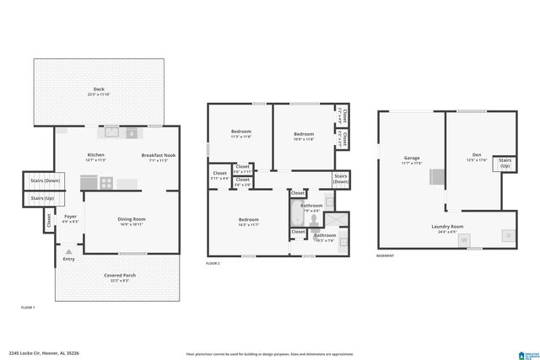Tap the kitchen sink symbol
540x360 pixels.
(x=112, y=132)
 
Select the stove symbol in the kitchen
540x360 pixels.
(x=107, y=182)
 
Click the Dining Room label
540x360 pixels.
(x=132, y=221)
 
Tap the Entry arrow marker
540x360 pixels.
(x=68, y=251)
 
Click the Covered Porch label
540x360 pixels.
(x=120, y=277)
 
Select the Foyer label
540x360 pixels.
(x=70, y=218)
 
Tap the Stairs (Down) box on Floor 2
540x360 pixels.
(x=341, y=180)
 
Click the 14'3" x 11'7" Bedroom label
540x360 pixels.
(x=248, y=222)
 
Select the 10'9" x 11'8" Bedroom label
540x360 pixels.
(x=304, y=136)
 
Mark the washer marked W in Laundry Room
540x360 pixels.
(x=463, y=239)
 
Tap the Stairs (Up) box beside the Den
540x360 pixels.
(x=505, y=163)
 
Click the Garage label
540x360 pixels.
(x=412, y=159)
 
